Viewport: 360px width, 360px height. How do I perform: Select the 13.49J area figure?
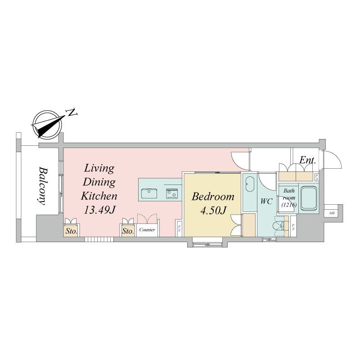tap(99, 210)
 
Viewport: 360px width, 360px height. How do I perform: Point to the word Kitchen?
tap(99, 196)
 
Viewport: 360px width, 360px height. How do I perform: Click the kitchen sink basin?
tap(149, 193)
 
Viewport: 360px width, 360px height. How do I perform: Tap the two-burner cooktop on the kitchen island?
tap(172, 193)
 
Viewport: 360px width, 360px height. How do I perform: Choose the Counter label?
tap(147, 229)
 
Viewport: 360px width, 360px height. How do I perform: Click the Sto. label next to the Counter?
tap(128, 231)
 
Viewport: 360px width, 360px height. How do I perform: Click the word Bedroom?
tap(213, 197)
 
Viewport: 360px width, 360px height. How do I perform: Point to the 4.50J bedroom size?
tap(213, 211)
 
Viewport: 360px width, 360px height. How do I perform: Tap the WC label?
tap(266, 201)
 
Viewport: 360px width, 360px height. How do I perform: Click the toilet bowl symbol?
tap(278, 225)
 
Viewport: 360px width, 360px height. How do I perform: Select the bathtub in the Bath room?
tap(309, 198)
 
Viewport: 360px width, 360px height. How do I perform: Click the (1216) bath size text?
tap(289, 204)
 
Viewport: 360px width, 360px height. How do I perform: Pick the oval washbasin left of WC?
tap(250, 184)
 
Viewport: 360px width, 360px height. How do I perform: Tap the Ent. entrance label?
tap(308, 160)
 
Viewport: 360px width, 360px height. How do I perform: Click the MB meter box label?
tap(332, 213)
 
